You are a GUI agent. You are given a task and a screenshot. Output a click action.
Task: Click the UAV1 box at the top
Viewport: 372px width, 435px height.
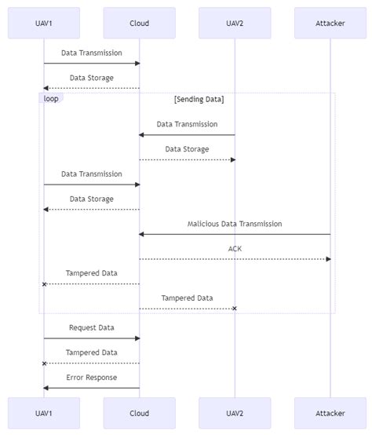(x=44, y=23)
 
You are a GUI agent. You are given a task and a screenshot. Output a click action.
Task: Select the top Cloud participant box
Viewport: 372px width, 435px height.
(x=139, y=23)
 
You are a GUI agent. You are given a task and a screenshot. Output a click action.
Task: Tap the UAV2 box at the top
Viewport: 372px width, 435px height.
(x=235, y=23)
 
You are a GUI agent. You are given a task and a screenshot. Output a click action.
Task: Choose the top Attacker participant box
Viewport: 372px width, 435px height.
(x=330, y=23)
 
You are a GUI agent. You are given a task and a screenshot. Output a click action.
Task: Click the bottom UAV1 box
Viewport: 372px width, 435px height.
(x=44, y=412)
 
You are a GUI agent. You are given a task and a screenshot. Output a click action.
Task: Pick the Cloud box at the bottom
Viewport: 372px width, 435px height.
(x=139, y=412)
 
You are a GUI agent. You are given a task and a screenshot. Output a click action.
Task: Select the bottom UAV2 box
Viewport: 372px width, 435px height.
(x=235, y=412)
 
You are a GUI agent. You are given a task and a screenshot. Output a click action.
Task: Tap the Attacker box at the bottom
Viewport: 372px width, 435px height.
(x=330, y=412)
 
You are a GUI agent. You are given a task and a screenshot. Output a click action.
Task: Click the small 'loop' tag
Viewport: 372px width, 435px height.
(x=50, y=98)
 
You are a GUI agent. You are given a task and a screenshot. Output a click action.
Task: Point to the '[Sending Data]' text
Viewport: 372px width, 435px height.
(x=199, y=99)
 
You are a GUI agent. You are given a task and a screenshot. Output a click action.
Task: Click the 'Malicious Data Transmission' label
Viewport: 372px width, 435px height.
(x=235, y=224)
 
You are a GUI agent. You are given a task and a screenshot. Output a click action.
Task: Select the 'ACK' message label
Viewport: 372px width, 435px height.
(x=235, y=248)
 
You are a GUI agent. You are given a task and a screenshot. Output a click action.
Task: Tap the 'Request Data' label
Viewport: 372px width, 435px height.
(x=92, y=327)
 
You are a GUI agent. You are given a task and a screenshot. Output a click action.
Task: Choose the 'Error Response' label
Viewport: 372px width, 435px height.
(x=92, y=377)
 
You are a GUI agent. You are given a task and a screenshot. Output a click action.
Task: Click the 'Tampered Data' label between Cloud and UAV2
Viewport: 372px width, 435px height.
(x=187, y=298)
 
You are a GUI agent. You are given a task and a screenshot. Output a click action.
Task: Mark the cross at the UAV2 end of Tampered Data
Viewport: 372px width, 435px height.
(x=234, y=309)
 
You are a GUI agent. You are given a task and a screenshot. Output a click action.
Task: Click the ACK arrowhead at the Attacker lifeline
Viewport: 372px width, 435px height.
(x=328, y=259)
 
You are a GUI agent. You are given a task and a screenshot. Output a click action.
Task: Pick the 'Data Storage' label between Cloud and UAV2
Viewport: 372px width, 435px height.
(x=187, y=148)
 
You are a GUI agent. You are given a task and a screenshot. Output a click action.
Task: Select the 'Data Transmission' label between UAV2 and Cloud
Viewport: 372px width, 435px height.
(x=187, y=124)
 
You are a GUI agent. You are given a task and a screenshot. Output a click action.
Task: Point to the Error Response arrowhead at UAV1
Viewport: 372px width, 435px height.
(x=46, y=388)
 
